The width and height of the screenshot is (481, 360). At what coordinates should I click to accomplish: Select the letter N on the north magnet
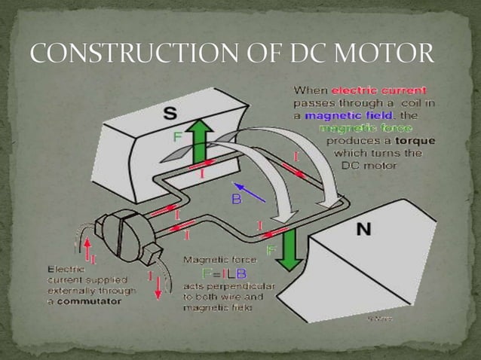[363, 229]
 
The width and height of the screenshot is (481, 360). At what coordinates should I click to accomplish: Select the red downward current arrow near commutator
[158, 287]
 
